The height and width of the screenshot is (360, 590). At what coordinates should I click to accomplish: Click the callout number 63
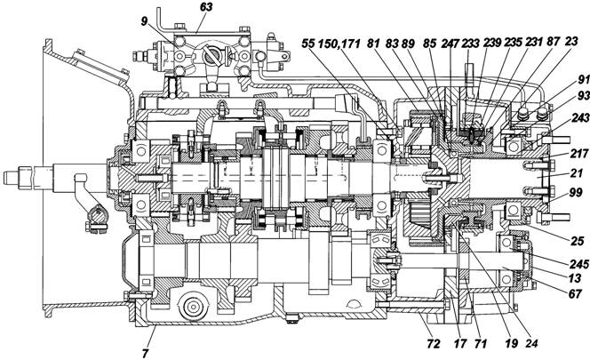point(206,7)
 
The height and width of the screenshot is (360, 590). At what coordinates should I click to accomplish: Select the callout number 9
point(145,21)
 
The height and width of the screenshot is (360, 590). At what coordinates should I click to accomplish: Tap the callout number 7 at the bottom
point(146,353)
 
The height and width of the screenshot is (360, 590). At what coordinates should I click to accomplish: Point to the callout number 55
point(307,44)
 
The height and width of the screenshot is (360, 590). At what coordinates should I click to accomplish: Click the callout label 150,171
point(339,44)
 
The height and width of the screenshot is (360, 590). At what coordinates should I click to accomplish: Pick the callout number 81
point(374,44)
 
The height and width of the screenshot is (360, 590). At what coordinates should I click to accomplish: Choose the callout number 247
point(450,44)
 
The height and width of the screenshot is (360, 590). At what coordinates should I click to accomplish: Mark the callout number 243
point(580,118)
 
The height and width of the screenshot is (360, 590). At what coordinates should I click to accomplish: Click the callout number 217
point(578,154)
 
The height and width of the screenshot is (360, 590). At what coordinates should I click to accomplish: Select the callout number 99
point(576,192)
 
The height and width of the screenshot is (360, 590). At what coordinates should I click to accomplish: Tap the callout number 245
point(579,264)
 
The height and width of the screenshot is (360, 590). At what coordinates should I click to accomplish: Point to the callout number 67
point(575,293)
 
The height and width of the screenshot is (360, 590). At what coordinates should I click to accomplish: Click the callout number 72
point(434,343)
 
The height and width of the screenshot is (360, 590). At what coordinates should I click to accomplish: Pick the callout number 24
point(531,343)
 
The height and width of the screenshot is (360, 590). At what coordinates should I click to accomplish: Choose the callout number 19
point(511,343)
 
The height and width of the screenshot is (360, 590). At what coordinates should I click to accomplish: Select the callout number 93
point(583,96)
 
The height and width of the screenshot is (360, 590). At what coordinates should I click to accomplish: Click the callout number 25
point(578,241)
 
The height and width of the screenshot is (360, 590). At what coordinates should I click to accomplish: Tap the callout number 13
point(575,278)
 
